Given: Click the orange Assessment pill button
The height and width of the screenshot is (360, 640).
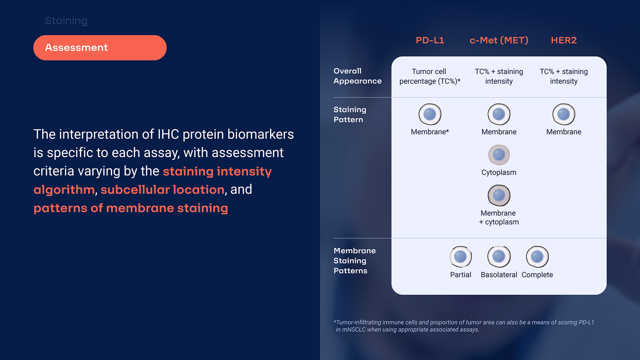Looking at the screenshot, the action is [100, 48].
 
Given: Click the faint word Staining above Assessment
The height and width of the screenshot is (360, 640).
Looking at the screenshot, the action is [66, 21].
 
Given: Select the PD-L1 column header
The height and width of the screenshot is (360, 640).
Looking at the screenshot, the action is [430, 40].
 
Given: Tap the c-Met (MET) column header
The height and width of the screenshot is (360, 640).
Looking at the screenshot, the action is [499, 40].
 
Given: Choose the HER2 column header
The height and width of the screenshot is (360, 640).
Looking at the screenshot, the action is [564, 40].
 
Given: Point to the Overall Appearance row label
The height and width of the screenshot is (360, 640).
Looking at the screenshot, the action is [357, 76].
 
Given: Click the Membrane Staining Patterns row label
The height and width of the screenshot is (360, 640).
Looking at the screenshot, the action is [355, 261].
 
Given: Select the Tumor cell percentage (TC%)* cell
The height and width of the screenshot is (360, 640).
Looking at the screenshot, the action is [430, 76].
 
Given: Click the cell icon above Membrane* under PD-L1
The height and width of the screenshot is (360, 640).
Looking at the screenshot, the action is [430, 114].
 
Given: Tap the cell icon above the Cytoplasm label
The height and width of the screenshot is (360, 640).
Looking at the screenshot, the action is [499, 155].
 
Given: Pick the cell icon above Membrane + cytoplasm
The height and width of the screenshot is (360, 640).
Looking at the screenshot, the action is [499, 196].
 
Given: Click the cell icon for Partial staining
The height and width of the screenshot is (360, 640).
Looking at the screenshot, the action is [460, 257].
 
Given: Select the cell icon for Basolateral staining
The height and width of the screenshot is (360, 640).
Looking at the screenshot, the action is [499, 257].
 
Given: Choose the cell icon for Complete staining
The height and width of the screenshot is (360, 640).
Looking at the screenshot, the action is [537, 257].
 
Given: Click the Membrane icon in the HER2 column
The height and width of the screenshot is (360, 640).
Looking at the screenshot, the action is [564, 114].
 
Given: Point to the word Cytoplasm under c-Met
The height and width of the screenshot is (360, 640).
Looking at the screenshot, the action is [499, 173].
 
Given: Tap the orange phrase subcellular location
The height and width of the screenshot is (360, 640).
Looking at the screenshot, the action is [163, 190].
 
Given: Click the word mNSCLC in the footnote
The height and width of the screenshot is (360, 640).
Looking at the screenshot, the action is [354, 330].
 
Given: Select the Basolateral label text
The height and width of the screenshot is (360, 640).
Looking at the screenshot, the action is [499, 275].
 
